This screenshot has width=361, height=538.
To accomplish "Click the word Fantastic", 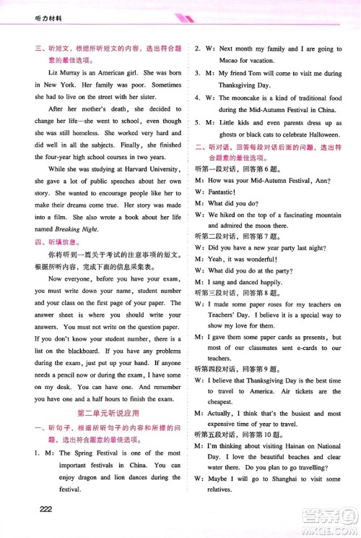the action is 223,192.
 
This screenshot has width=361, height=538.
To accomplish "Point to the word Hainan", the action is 292,467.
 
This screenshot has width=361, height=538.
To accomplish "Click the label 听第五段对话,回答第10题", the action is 238,455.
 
